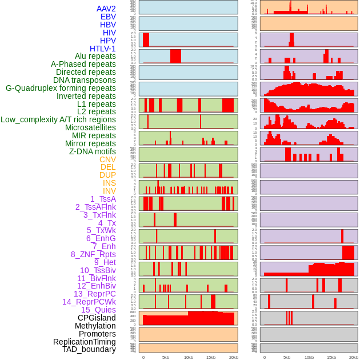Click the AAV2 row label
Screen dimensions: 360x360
(106, 9)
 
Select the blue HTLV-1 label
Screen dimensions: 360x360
(103, 49)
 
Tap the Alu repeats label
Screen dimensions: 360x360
(95, 56)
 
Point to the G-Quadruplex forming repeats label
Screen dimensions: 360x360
(61, 88)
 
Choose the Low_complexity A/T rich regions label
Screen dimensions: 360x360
(58, 119)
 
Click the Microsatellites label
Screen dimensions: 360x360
(90, 127)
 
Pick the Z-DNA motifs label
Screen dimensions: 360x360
(93, 151)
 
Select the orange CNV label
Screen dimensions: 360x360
(107, 159)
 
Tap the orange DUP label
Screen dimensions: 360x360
(107, 175)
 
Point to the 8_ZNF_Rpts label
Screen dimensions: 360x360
(93, 254)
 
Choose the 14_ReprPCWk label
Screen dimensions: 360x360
(89, 302)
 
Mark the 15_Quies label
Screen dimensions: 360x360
(98, 310)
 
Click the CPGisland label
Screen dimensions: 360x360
(97, 318)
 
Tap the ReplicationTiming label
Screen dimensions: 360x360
(85, 342)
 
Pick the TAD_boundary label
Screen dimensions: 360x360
(89, 349)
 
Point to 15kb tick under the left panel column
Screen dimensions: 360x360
(211, 357)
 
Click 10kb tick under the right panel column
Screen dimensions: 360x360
(309, 357)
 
